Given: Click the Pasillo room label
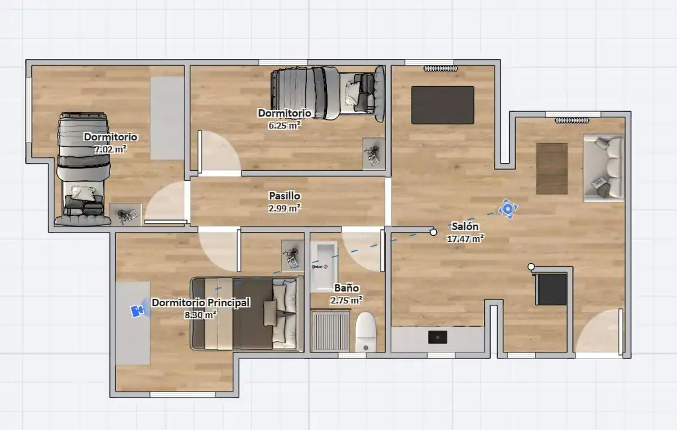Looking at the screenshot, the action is (284, 196).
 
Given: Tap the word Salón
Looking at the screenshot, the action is (465, 226).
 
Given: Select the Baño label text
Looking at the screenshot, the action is (346, 288).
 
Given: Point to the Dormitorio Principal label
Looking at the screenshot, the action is (201, 302).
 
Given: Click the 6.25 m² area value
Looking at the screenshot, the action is (284, 125).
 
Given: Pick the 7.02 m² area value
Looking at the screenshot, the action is (111, 149).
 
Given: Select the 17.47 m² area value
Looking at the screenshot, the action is (465, 238).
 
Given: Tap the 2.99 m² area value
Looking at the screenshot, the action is (284, 208).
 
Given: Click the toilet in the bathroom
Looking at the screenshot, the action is (366, 332).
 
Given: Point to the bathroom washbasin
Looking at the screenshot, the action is (324, 266).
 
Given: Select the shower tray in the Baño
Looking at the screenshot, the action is (330, 331).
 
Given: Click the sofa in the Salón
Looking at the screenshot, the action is (603, 168).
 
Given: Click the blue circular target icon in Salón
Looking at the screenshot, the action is (508, 209).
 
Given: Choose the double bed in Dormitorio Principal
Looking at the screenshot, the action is (247, 313).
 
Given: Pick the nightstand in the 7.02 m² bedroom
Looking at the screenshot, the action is (125, 215).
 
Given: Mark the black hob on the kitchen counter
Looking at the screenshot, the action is (438, 337).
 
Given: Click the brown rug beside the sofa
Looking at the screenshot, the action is (552, 169).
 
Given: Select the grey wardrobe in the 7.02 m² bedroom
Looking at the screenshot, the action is (168, 118).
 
